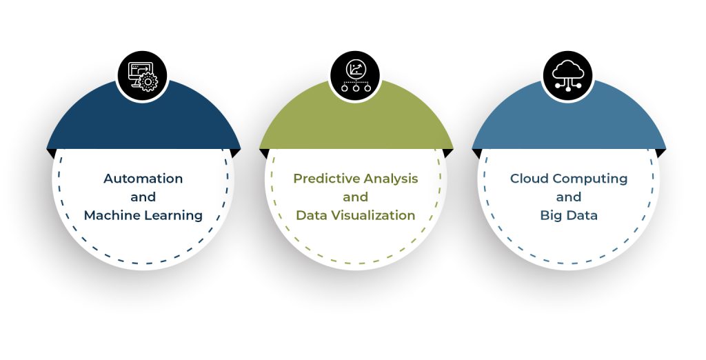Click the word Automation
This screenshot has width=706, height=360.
pyautogui.click(x=143, y=179)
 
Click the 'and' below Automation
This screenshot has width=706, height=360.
pyautogui.click(x=143, y=197)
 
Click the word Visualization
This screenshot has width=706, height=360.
pyautogui.click(x=373, y=216)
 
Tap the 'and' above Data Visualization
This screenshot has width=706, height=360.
pyautogui.click(x=356, y=197)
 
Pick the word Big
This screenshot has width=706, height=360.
pyautogui.click(x=551, y=216)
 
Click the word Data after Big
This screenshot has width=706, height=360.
pyautogui.click(x=582, y=216)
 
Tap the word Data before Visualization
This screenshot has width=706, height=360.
pyautogui.click(x=312, y=216)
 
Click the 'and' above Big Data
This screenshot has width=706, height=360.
pyautogui.click(x=569, y=197)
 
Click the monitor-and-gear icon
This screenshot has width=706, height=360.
pyautogui.click(x=143, y=77)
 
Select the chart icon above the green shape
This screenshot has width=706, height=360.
pyautogui.click(x=356, y=77)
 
